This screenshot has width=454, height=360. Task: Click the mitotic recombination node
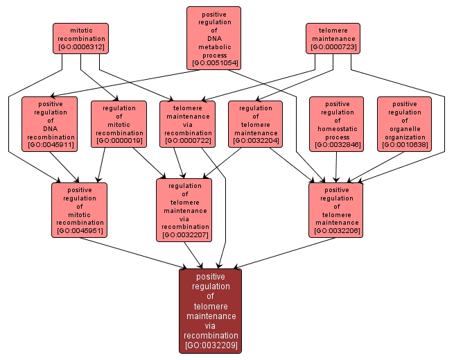(81, 38)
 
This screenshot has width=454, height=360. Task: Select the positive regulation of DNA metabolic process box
(213, 38)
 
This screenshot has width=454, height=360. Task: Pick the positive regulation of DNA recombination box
(49, 123)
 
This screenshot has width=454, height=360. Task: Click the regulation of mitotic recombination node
(119, 123)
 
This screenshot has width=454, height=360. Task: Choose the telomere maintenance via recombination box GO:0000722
(187, 123)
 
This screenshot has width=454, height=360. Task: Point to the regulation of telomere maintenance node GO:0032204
(255, 123)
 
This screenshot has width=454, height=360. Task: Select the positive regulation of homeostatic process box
(336, 123)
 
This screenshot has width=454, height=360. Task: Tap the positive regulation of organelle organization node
(404, 123)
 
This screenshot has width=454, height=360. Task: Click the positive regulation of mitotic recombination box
(80, 209)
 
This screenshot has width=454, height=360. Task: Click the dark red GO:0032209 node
(210, 310)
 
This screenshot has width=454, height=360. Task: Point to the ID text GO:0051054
(214, 63)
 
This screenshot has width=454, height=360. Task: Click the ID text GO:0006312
(81, 47)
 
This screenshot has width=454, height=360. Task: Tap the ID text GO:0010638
(405, 145)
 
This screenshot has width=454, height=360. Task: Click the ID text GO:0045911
(49, 145)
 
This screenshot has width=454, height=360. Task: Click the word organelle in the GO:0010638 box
(405, 128)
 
